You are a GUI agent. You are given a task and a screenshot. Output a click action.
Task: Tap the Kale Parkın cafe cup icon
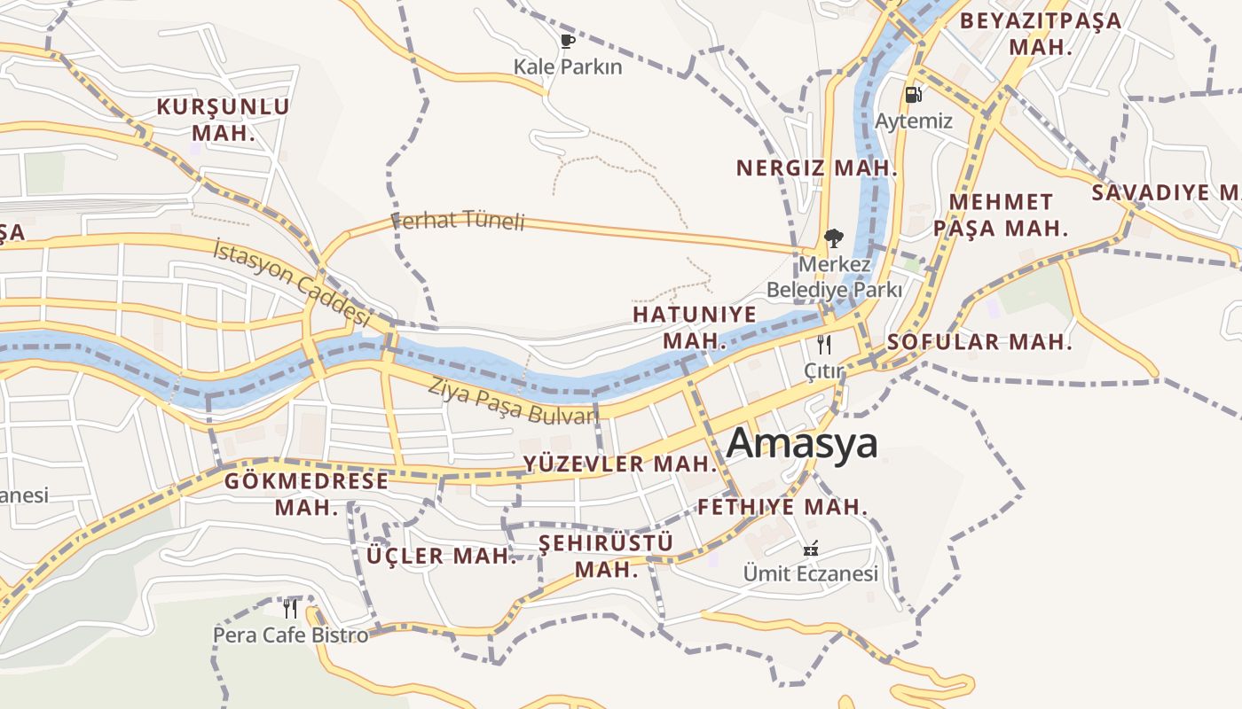point(568,41)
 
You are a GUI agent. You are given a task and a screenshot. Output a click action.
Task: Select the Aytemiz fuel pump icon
point(913,94)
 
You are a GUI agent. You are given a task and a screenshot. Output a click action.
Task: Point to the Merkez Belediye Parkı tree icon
point(833,238)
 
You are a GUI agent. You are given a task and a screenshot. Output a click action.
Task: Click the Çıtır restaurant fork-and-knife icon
point(824,344)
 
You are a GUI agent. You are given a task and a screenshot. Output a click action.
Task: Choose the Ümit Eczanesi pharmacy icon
point(810,548)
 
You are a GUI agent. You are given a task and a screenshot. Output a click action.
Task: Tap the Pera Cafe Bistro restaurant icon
point(290,609)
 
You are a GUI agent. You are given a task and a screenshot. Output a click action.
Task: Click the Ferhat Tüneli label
point(459,221)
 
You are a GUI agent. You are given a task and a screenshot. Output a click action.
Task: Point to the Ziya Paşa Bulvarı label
point(512,401)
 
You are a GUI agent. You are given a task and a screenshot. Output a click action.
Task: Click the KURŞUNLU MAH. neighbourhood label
point(224,120)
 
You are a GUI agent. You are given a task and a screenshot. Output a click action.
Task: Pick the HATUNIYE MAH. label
point(695,327)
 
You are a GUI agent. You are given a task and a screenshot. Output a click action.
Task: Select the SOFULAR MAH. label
point(979,342)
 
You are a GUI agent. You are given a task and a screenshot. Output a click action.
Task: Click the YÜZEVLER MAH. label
point(619,464)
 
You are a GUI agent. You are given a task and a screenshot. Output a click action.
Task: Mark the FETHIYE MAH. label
point(782,507)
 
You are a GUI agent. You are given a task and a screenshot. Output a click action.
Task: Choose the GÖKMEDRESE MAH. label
point(306,494)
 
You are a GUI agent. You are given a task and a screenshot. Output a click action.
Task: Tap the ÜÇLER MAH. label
point(441,556)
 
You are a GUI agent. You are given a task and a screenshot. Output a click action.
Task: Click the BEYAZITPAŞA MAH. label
point(1041,33)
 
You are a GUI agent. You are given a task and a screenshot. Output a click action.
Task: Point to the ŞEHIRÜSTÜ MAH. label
point(607,555)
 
